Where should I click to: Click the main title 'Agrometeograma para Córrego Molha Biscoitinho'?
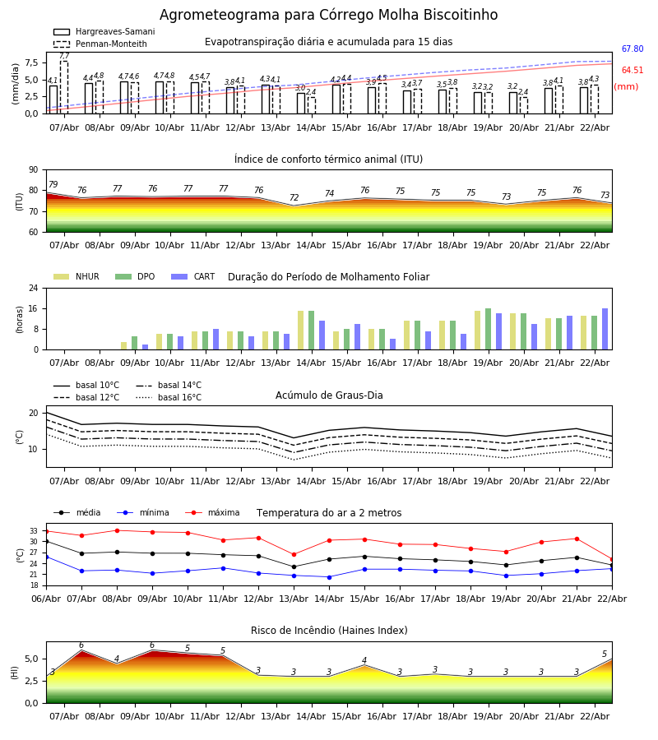pos(328,16)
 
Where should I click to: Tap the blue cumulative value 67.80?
pos(632,49)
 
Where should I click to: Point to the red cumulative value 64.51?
pos(632,71)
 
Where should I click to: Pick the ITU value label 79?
pos(53,185)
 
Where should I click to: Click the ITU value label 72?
pos(294,198)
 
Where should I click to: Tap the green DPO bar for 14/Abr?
pos(311,330)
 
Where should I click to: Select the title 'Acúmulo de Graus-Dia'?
pos(329,395)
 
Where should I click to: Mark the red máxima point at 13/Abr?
pos(294,554)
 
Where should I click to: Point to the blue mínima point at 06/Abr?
pos(46,557)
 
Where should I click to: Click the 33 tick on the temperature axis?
pos(34,531)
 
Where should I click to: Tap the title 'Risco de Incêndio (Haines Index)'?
pos(329,631)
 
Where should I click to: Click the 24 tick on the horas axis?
pos(34,288)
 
